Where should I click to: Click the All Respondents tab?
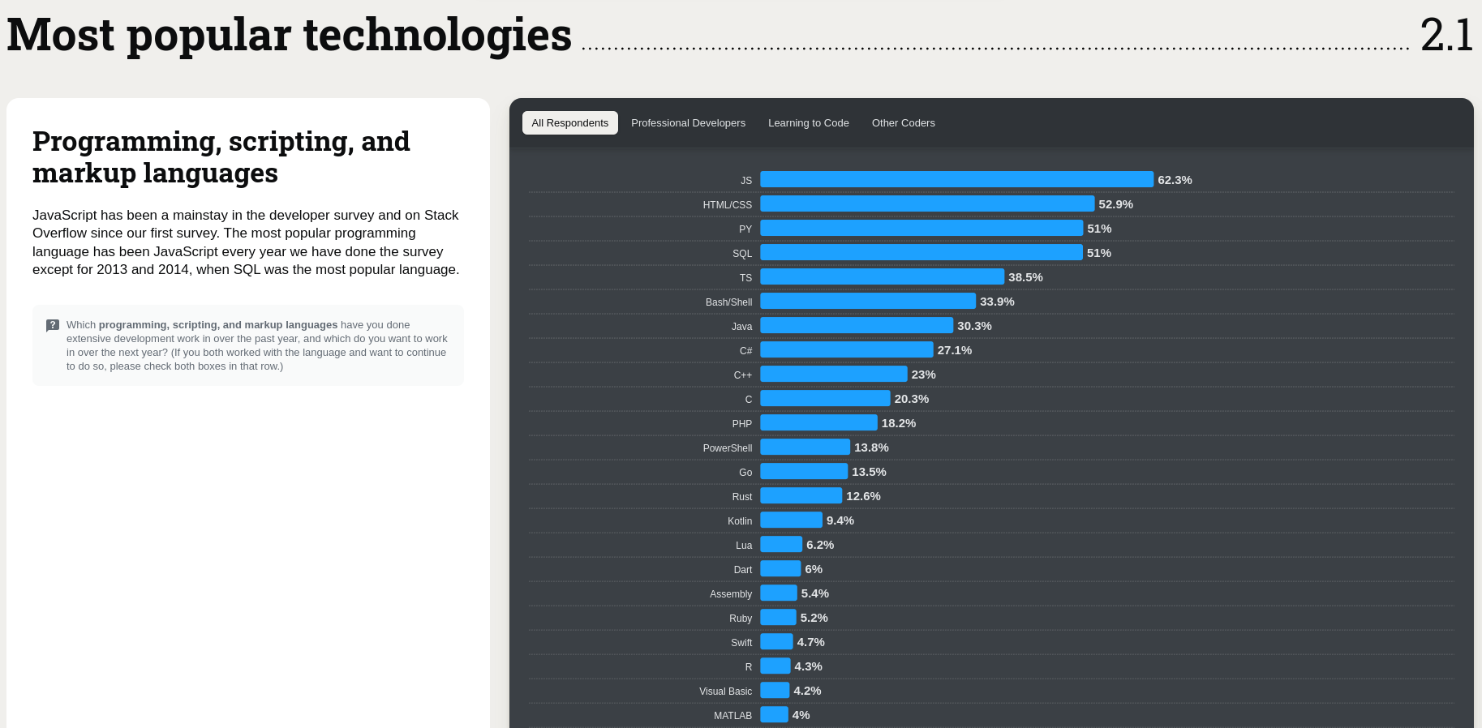pyautogui.click(x=569, y=123)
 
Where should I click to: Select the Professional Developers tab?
pyautogui.click(x=688, y=123)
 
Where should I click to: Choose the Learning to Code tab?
pyautogui.click(x=808, y=123)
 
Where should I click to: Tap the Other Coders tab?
pyautogui.click(x=903, y=123)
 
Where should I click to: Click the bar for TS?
pyautogui.click(x=882, y=277)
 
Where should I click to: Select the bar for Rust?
pyautogui.click(x=801, y=496)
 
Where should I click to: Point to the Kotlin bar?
pyautogui.click(x=791, y=520)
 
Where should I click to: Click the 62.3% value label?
pyautogui.click(x=1175, y=180)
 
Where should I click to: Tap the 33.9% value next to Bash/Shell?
pyautogui.click(x=997, y=302)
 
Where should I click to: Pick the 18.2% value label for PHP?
pyautogui.click(x=898, y=423)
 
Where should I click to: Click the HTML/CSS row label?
pyautogui.click(x=727, y=205)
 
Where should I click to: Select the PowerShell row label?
pyautogui.click(x=727, y=448)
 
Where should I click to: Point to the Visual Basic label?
pyautogui.click(x=725, y=692)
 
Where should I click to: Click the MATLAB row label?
pyautogui.click(x=732, y=716)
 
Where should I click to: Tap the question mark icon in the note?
pyautogui.click(x=53, y=325)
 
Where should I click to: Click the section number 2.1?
pyautogui.click(x=1446, y=36)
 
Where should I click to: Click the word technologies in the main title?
pyautogui.click(x=437, y=36)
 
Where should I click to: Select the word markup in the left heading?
pyautogui.click(x=84, y=173)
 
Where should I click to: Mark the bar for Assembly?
pyautogui.click(x=779, y=593)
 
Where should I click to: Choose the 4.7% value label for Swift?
pyautogui.click(x=810, y=642)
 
